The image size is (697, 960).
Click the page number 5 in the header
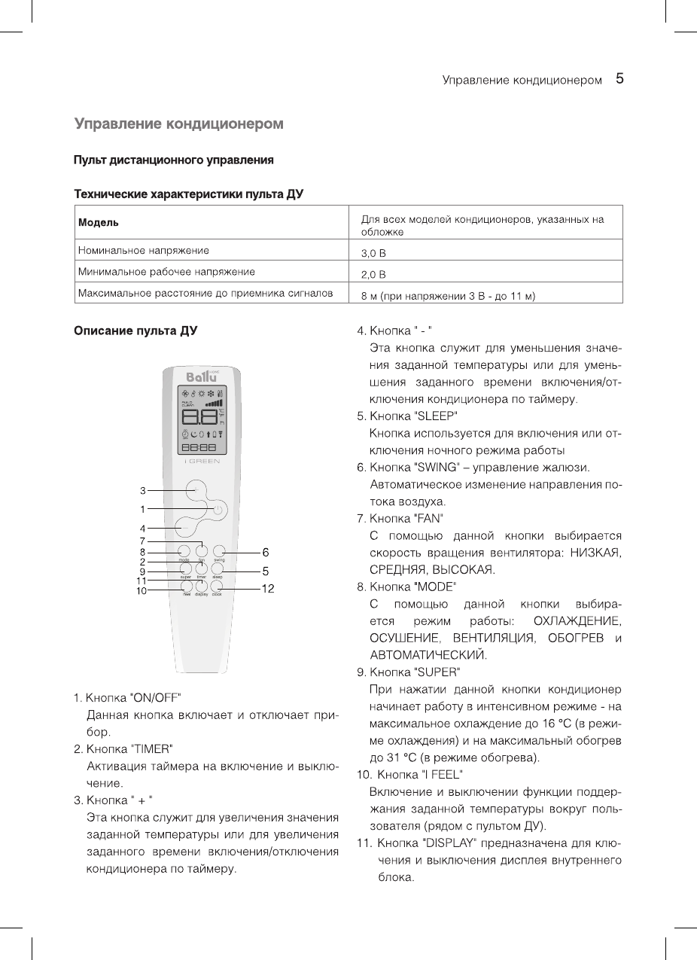(621, 78)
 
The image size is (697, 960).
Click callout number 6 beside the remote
(265, 553)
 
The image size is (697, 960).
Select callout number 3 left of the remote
(142, 491)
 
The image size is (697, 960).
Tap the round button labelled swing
(219, 551)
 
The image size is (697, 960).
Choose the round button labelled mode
(184, 551)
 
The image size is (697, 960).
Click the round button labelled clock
(217, 586)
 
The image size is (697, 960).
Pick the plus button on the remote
(196, 489)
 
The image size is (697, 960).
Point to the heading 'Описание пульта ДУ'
(135, 331)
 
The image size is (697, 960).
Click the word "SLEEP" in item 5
(436, 416)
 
